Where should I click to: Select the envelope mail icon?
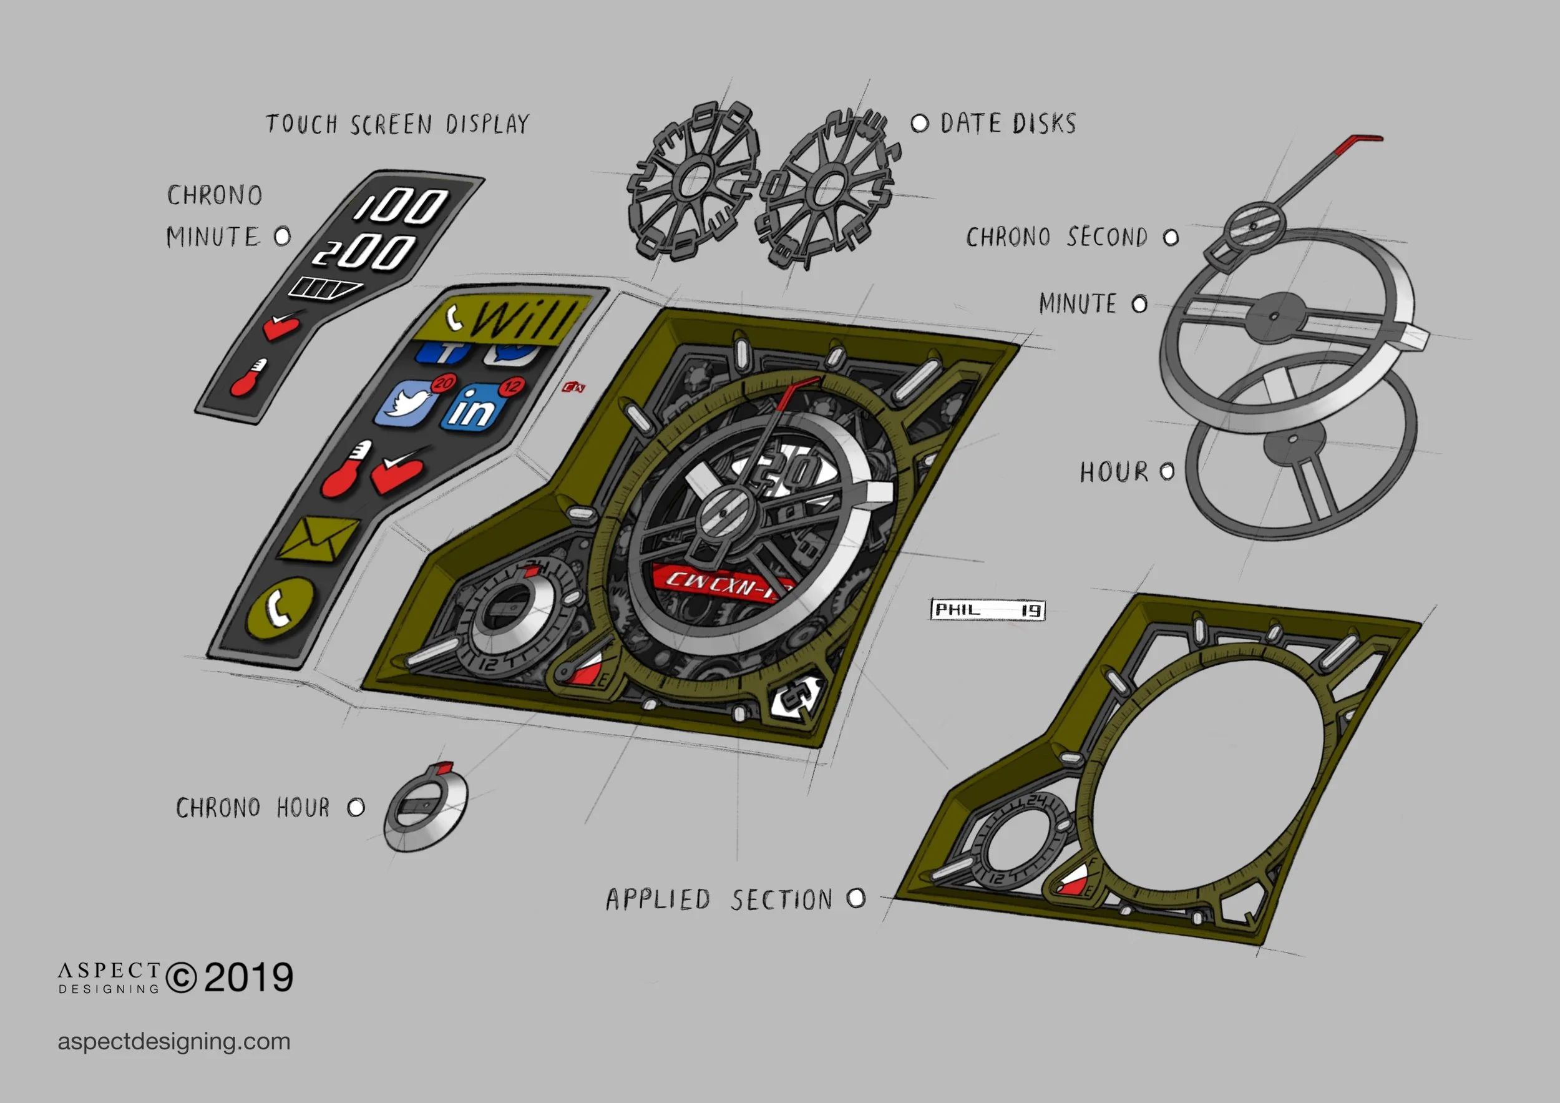(317, 539)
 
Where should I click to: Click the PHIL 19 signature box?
(987, 610)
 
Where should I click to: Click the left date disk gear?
(693, 182)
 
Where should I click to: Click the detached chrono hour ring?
(426, 810)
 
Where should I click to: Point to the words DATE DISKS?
(1008, 124)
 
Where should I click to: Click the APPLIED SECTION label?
(719, 900)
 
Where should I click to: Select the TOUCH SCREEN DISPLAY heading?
(397, 124)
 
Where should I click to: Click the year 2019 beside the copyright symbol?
(249, 978)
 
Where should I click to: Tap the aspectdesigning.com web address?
(174, 1041)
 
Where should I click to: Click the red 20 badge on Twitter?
(444, 383)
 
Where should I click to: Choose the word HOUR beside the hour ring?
(1114, 473)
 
